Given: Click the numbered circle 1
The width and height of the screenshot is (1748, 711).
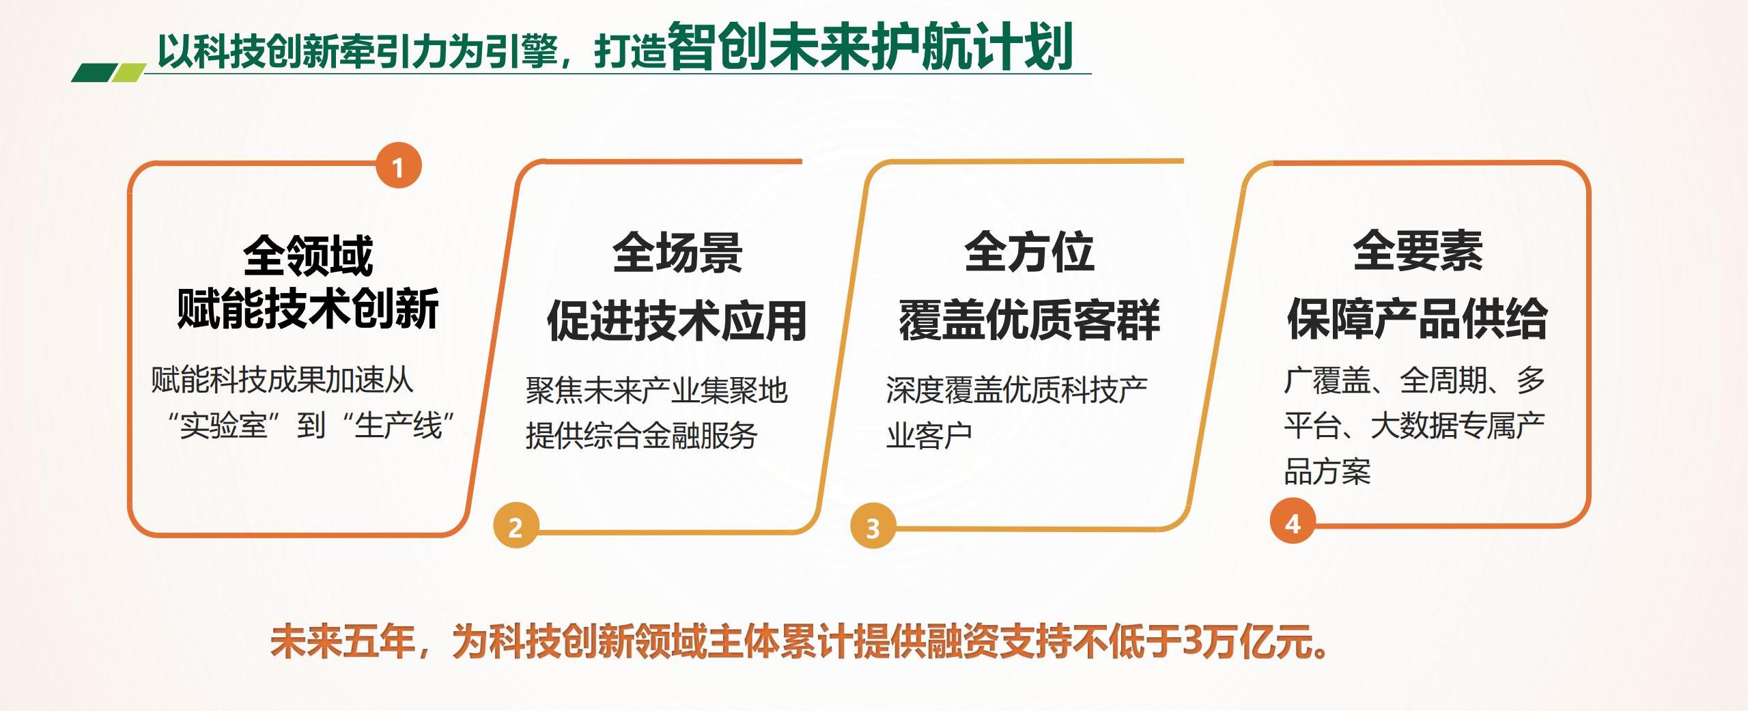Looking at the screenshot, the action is (399, 165).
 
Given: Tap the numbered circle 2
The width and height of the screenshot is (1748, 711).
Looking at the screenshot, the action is (516, 526).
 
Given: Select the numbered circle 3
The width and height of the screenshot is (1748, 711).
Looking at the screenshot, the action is (873, 526).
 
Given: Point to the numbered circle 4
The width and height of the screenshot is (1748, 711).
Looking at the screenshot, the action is (1293, 522).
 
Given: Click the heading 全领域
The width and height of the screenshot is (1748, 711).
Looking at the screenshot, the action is (308, 255).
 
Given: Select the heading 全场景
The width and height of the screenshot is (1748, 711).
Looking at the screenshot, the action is (677, 253).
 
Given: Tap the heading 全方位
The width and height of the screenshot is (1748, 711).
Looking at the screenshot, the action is (1029, 251).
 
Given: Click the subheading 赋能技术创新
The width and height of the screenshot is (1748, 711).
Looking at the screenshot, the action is (308, 309).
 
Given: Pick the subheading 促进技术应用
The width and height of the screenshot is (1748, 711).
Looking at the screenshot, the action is (677, 320).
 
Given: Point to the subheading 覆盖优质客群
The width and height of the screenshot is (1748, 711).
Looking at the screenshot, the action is (1029, 319).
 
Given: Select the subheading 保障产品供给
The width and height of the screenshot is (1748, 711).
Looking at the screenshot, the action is (1418, 318).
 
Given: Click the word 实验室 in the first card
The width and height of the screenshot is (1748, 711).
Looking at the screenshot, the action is (223, 426).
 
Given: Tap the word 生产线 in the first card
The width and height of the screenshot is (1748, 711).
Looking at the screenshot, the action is (399, 426).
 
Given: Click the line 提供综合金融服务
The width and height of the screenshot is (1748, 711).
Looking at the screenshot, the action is (642, 435).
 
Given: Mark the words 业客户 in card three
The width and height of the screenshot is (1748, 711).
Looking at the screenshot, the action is (929, 435).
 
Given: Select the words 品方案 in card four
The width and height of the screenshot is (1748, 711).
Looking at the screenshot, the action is (1327, 471).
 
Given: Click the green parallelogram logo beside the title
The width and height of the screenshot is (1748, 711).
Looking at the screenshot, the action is (109, 72).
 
